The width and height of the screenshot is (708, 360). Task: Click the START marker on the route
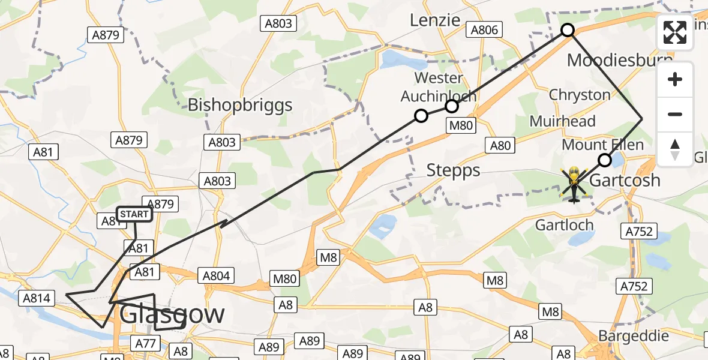point(134,214)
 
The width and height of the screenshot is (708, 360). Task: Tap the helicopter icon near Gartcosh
point(574,184)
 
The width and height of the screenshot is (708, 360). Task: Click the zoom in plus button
point(675,80)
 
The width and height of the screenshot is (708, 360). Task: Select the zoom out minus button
point(675,114)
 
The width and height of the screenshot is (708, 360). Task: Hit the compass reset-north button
point(675,149)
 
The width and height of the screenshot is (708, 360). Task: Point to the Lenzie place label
point(434,20)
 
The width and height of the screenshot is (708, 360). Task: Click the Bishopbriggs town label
point(240,105)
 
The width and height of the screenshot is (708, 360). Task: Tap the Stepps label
point(454,170)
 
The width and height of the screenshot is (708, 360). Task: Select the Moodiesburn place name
point(617,61)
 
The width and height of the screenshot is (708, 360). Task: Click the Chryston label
point(580,95)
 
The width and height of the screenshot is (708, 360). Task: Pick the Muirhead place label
point(562,121)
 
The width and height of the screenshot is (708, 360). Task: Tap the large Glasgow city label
point(172,314)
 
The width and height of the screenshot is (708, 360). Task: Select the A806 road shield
point(485,29)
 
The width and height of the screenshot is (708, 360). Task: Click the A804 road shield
point(216,275)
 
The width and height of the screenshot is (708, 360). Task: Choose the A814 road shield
point(38,297)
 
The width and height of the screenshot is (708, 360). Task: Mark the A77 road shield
point(146,343)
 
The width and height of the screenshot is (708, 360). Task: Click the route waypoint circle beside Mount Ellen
point(605,160)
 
